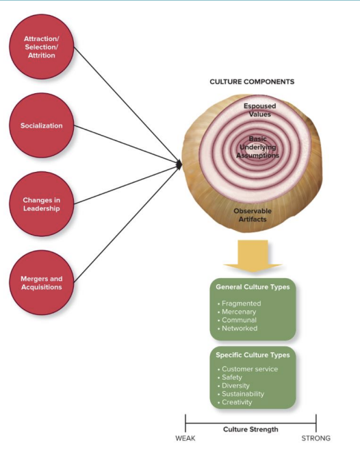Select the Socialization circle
[x=42, y=126]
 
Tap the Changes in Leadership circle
[x=42, y=203]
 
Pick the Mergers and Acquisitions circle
[x=42, y=282]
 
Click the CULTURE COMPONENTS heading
[x=252, y=82]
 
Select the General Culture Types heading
[x=252, y=287]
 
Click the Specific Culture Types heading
[x=253, y=355]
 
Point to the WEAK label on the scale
[x=185, y=438]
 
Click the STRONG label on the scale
[x=316, y=438]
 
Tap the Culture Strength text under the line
[x=250, y=430]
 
